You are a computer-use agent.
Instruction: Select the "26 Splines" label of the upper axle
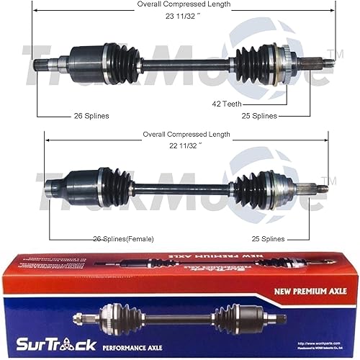pyautogui.click(x=91, y=115)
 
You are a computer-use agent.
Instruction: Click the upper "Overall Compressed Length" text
pyautogui.click(x=184, y=5)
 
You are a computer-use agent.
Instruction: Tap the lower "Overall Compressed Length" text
pyautogui.click(x=184, y=134)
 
